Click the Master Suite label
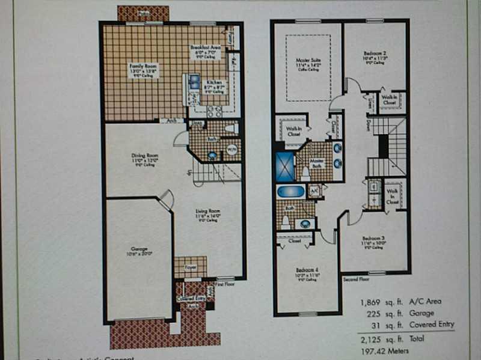pos(307,61)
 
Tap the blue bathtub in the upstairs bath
pos(290,192)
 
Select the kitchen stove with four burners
pos(214,111)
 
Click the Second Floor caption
pos(355,279)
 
